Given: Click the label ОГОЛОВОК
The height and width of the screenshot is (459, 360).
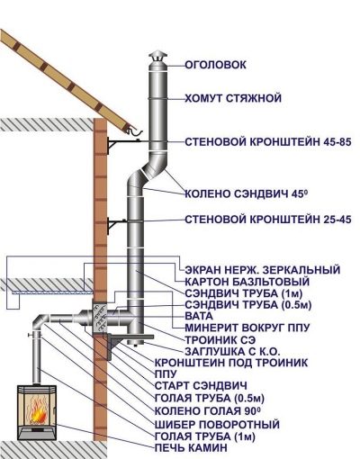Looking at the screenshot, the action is (x=215, y=65).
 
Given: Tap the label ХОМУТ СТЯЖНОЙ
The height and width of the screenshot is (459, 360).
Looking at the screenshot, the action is (x=233, y=98).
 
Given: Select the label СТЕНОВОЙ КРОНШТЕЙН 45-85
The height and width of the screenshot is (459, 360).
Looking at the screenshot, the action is (x=267, y=142).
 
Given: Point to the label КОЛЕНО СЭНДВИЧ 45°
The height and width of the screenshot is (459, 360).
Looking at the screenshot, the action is (x=247, y=193).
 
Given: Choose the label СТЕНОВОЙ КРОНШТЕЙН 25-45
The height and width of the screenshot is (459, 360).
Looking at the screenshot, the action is (x=267, y=220).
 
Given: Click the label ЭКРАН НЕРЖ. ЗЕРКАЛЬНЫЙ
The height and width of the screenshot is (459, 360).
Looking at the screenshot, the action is (x=263, y=270).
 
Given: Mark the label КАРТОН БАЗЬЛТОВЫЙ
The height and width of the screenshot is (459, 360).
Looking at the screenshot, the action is (x=247, y=282).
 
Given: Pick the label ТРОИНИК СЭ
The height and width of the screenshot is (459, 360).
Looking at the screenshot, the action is (x=220, y=340).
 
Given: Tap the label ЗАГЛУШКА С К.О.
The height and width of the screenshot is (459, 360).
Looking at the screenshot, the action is (x=232, y=351).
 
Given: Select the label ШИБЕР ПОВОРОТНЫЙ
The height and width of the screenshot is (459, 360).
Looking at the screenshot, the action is (x=217, y=425).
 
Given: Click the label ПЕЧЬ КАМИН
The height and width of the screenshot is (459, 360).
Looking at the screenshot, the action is (x=191, y=448).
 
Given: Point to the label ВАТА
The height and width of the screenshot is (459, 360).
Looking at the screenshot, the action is (x=199, y=316).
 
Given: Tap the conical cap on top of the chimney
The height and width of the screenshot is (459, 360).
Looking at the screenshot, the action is (x=158, y=57).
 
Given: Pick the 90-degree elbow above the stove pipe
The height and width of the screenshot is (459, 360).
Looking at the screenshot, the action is (x=40, y=322).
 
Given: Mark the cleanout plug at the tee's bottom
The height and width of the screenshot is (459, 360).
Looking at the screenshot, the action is (x=136, y=344).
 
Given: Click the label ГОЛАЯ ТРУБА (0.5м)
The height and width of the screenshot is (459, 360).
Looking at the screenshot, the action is (x=210, y=399).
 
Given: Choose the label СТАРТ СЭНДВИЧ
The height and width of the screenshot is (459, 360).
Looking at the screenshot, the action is (x=201, y=385).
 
